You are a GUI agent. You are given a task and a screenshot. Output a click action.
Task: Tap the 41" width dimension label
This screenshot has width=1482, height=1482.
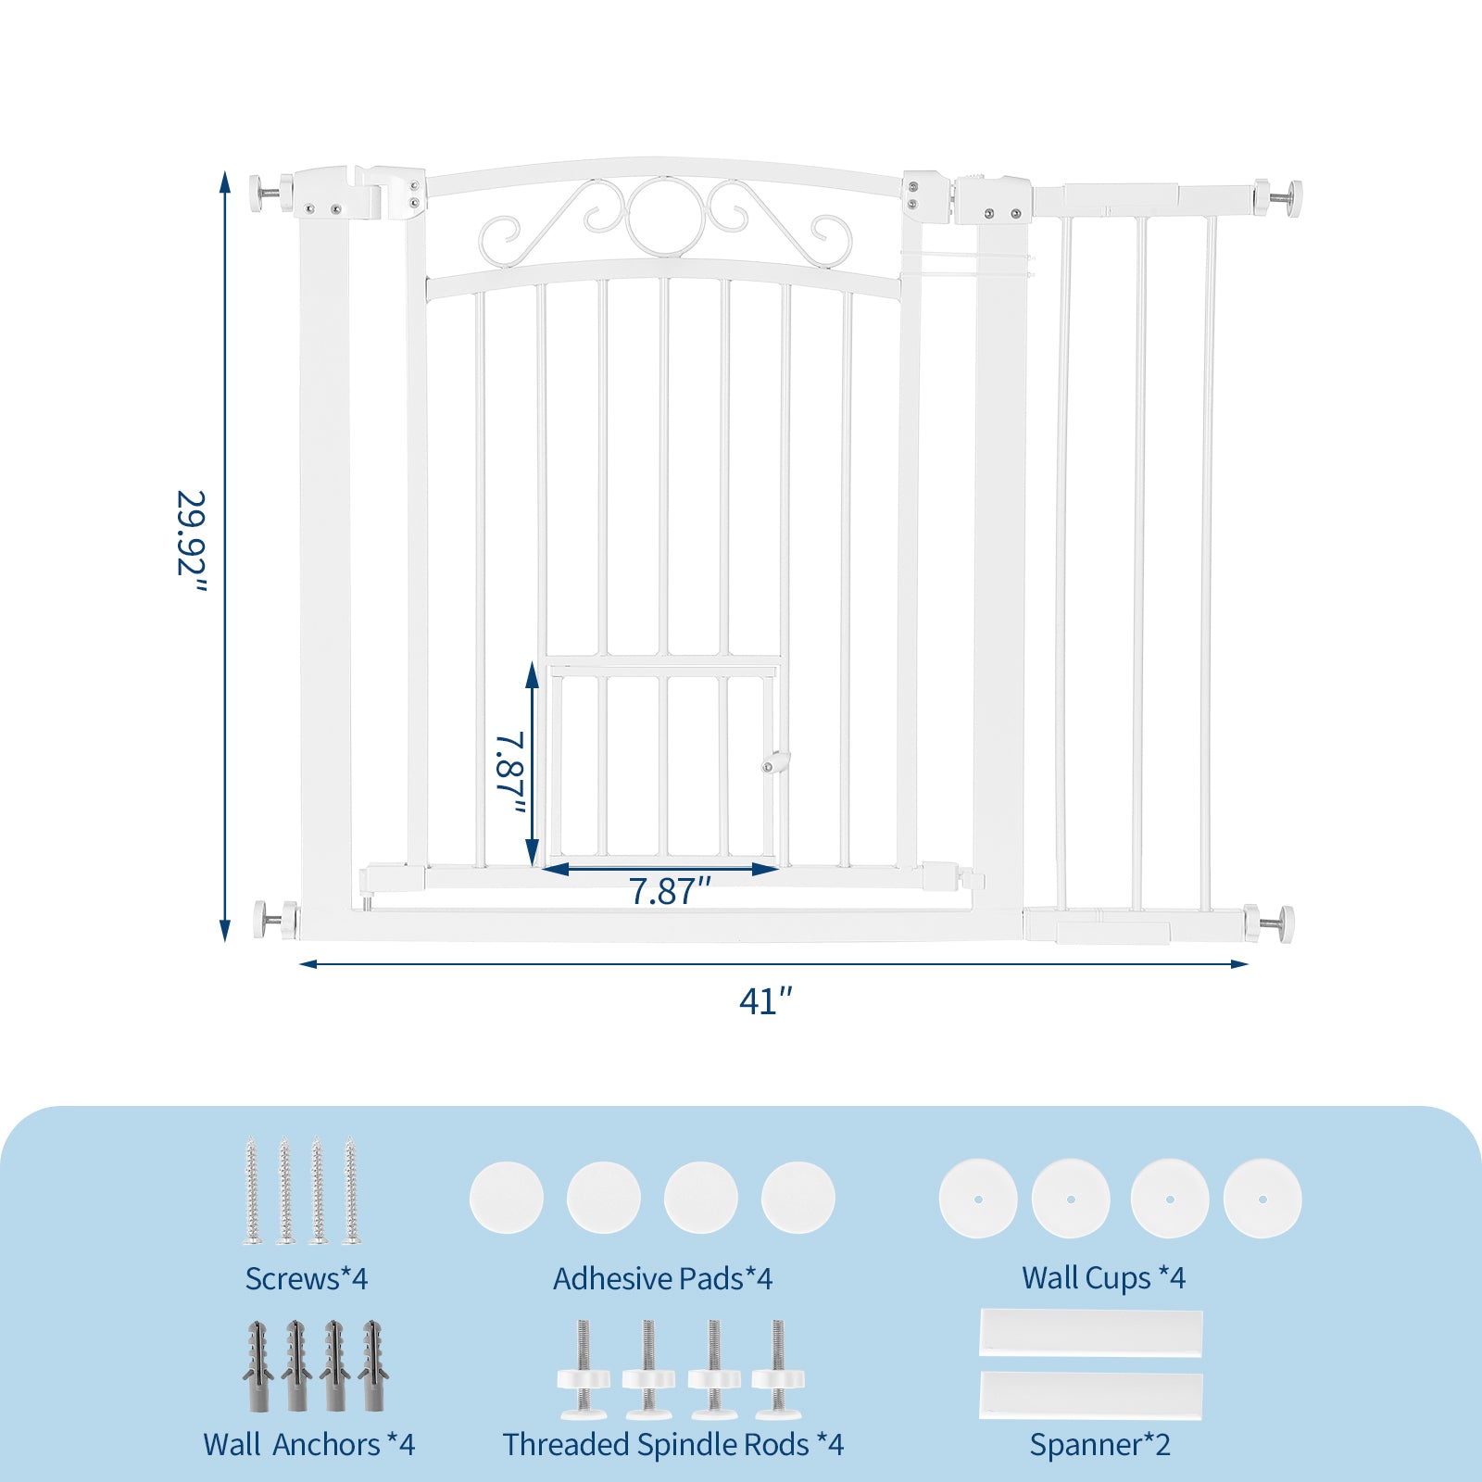(766, 1001)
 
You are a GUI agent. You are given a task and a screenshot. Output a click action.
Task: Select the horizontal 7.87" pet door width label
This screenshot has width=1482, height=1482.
(670, 891)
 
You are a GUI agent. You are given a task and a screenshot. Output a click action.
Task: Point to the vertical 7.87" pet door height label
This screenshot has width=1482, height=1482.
(510, 772)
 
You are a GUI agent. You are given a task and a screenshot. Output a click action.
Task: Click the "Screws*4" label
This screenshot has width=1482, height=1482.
(307, 1278)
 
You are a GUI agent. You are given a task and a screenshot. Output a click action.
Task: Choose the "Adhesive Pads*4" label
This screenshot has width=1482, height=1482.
(663, 1278)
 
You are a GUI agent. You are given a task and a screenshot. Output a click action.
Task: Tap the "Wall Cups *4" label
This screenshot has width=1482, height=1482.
(1103, 1278)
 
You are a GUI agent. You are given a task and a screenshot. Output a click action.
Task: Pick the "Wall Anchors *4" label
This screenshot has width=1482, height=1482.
(309, 1444)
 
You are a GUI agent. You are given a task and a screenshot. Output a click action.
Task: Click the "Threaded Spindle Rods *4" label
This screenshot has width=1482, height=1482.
(673, 1444)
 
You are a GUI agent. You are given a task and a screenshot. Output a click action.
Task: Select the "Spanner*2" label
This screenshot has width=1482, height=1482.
(1100, 1444)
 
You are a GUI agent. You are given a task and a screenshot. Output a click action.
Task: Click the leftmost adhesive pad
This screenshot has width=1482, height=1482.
(507, 1198)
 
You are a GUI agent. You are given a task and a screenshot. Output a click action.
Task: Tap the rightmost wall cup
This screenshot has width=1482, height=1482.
(1262, 1199)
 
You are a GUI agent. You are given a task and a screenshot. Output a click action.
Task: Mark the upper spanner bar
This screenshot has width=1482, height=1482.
(1091, 1333)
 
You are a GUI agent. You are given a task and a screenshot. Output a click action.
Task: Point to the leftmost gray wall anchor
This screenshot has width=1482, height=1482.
(257, 1365)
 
